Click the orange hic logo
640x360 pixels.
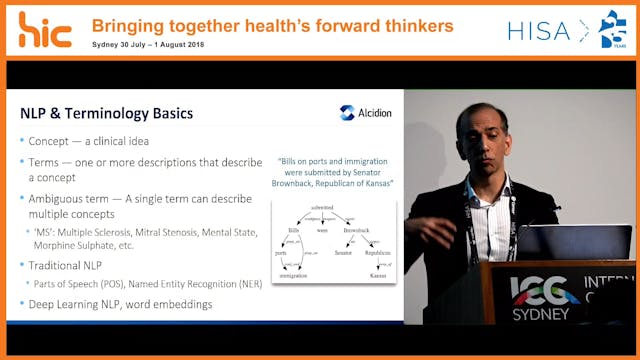pos(45,29)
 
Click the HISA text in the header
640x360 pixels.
pos(539,31)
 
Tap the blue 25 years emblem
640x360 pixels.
pos(612,29)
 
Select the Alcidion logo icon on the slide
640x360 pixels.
pos(346,113)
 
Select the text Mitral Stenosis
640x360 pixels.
pos(182,230)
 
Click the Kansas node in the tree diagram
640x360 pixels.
pos(378,275)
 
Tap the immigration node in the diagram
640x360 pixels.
pos(293,275)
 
